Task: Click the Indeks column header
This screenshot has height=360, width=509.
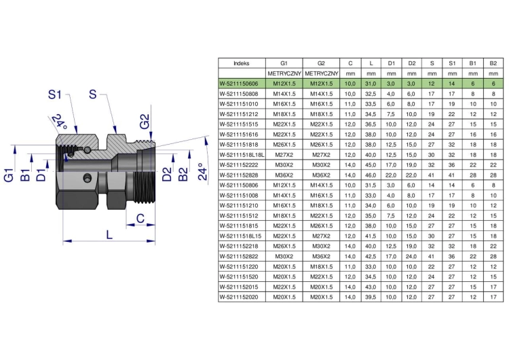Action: (x=241, y=63)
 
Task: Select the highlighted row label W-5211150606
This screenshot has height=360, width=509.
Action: (x=239, y=84)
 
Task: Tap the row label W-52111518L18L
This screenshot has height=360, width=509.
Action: (x=242, y=155)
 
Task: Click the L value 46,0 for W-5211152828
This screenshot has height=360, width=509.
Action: (x=371, y=175)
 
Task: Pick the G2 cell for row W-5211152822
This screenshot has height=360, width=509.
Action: (x=321, y=257)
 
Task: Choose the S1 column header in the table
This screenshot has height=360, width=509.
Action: (x=452, y=63)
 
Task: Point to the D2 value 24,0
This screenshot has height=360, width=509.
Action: (x=411, y=257)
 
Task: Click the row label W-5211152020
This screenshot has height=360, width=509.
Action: (x=239, y=298)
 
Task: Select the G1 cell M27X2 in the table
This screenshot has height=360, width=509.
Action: (x=284, y=155)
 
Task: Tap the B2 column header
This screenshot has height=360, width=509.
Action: (x=493, y=63)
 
